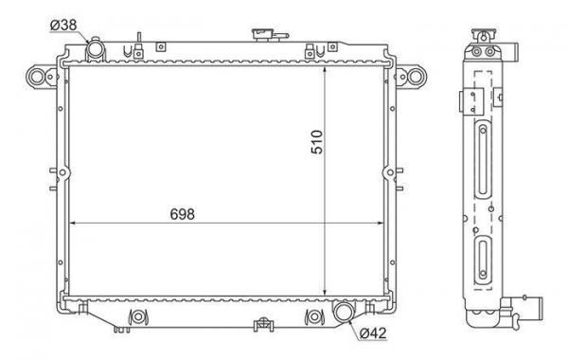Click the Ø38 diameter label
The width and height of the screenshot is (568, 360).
(63, 25)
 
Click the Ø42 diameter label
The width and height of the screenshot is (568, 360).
(373, 333)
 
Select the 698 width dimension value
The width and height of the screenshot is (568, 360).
(182, 214)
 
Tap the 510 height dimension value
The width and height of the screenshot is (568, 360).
(316, 142)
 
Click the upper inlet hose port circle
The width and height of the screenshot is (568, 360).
(96, 49)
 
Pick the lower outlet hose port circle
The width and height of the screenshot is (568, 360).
(343, 313)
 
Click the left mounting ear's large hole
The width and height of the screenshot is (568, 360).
(37, 77)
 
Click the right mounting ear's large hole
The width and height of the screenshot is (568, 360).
(416, 77)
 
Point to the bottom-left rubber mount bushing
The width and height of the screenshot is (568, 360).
(138, 316)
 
